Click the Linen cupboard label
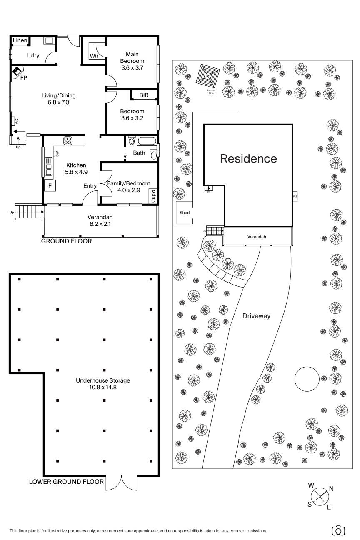pos(20,40)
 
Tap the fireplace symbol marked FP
pos(17,72)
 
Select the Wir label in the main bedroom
pos(94,56)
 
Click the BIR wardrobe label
pos(144,95)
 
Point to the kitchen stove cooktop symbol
pos(68,140)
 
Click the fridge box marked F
pos(50,185)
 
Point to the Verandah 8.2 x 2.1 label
pos(100,220)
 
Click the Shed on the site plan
pos(185,213)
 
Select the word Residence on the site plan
pos(248,159)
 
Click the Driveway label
pos(256,316)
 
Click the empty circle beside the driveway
pos(306,378)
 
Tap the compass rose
pos(320,497)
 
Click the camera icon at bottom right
pos(338,530)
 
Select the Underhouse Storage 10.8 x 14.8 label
pos(103,384)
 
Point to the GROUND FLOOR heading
pos(67,241)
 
